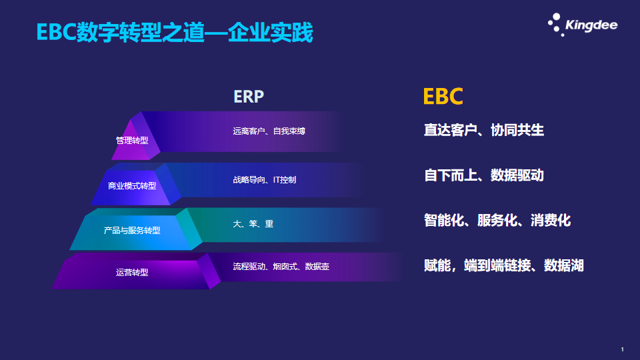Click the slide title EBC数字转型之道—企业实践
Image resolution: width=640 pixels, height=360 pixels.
[175, 32]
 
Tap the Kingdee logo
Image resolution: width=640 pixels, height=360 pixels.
[583, 25]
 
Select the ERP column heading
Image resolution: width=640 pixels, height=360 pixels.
[249, 97]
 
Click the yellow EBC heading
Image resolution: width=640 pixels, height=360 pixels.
[443, 97]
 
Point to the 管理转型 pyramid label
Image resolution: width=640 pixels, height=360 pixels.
[132, 141]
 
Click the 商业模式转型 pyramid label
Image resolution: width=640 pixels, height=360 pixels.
[132, 186]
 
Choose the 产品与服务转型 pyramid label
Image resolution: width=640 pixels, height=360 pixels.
[132, 230]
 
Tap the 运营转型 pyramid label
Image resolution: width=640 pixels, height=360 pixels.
[132, 272]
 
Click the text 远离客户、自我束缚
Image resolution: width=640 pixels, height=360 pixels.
[269, 131]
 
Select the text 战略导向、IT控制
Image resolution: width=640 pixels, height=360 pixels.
[265, 179]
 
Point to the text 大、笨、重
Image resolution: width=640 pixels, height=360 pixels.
[253, 224]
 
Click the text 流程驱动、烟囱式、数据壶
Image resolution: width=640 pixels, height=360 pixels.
[281, 267]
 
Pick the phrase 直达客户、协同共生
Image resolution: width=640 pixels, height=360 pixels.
[484, 130]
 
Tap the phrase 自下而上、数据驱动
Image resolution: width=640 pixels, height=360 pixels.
[484, 175]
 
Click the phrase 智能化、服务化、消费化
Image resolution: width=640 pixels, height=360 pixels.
[497, 221]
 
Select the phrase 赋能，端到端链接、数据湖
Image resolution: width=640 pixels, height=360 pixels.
[504, 266]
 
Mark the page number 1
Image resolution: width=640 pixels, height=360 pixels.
[622, 349]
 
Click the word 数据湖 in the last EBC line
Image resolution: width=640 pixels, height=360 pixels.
[564, 266]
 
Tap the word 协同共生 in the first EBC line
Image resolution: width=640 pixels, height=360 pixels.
[517, 130]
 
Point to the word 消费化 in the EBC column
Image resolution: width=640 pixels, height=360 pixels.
[551, 221]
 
